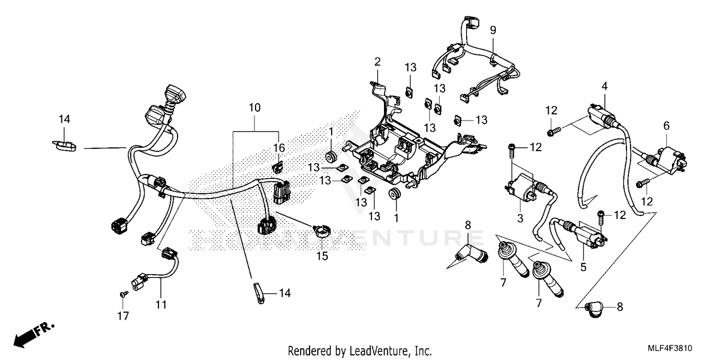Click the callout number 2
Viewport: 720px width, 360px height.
coord(377,61)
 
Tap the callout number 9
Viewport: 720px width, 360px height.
coord(493,30)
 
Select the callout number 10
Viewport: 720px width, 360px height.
coord(254,108)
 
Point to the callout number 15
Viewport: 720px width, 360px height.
coord(322,256)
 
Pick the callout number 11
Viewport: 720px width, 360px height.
coord(161,304)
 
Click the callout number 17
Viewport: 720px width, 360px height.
coord(123,315)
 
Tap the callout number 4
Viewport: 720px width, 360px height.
coord(605,86)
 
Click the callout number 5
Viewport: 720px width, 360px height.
coord(583,267)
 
